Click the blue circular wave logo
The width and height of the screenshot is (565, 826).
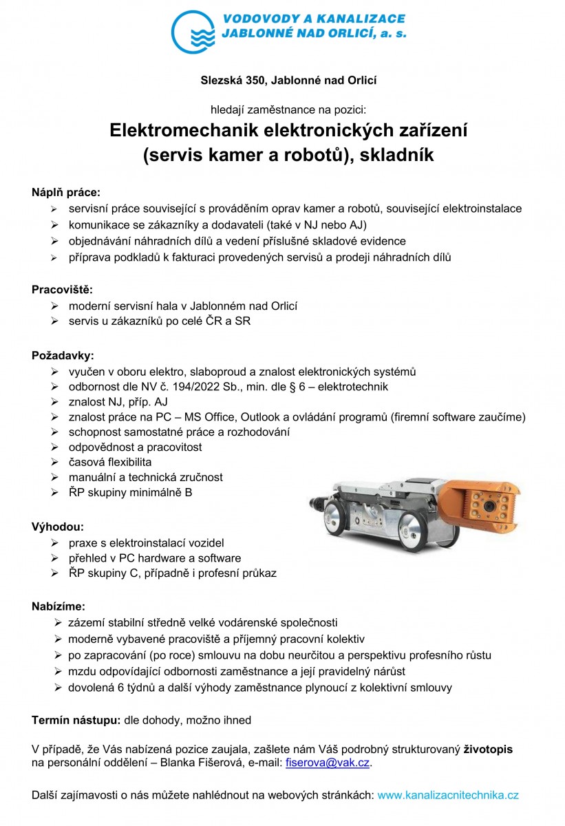(193, 32)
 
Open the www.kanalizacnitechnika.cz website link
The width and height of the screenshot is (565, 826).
(448, 795)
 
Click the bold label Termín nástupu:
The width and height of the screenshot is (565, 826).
(76, 721)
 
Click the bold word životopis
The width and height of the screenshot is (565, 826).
(489, 749)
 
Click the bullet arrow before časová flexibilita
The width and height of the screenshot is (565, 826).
(54, 463)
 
